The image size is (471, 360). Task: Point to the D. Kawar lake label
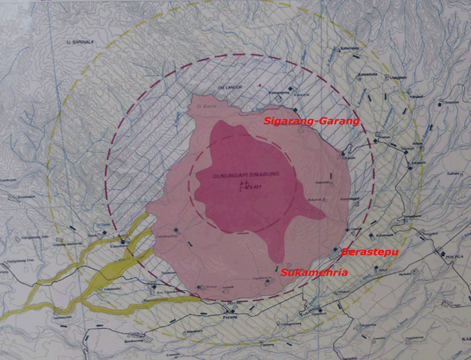click(203, 106)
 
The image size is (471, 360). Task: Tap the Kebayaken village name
click(350, 48)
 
